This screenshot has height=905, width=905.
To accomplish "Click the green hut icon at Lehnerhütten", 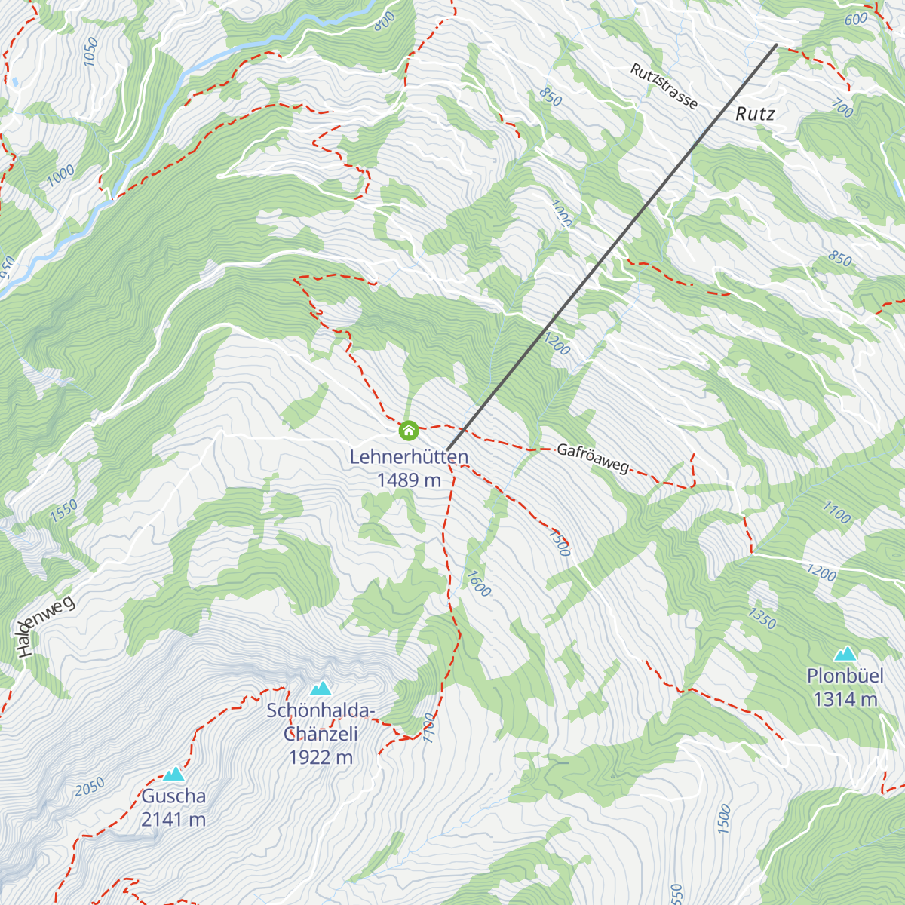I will (409, 431).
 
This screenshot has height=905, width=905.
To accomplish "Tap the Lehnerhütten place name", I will (409, 457).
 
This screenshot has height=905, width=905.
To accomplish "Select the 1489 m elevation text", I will (409, 480).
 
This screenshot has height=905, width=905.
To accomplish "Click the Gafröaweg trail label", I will (592, 459).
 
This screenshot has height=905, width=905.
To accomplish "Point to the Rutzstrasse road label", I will (664, 86).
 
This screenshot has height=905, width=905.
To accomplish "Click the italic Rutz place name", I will (755, 114).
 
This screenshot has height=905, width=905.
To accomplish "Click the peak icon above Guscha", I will (174, 774).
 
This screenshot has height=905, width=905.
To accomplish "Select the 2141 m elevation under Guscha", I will (173, 819).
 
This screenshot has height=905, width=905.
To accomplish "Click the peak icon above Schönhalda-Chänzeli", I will (321, 688).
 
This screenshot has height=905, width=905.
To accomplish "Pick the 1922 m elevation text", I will (321, 757).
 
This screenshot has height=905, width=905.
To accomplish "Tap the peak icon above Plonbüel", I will (845, 653).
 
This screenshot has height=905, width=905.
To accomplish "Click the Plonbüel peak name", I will (845, 676).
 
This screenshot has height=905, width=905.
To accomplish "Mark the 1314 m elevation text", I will (845, 700).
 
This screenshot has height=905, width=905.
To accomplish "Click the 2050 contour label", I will (89, 787).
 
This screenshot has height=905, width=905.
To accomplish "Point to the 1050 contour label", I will (90, 52).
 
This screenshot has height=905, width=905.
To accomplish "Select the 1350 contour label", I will (762, 618).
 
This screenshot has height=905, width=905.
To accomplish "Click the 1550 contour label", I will (64, 511).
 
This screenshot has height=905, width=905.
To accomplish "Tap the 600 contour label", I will (856, 20).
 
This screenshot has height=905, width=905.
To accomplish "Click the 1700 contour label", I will (429, 727).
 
